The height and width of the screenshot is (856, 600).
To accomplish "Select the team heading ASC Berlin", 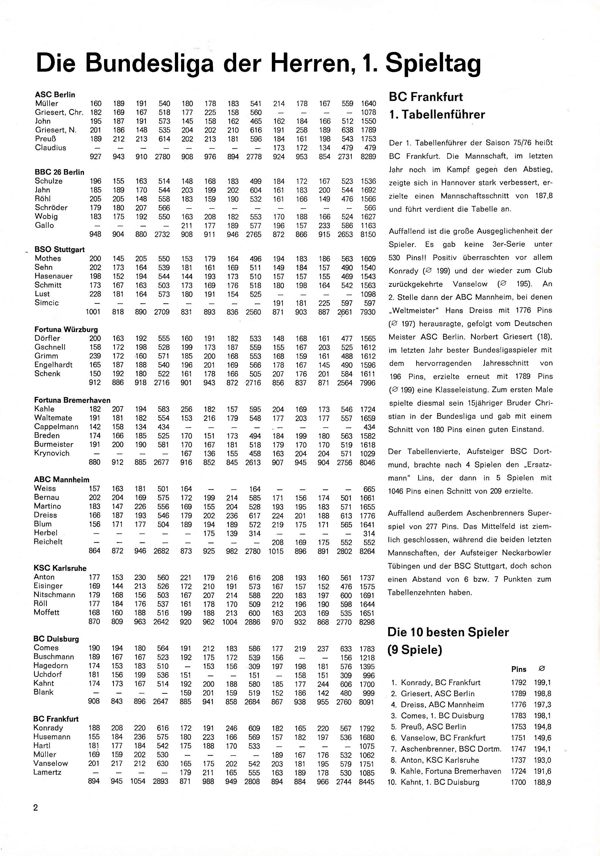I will coord(55,95).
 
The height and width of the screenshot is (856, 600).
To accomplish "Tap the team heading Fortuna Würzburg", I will coord(66,330).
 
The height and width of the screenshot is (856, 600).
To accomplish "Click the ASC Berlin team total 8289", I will coord(368,157).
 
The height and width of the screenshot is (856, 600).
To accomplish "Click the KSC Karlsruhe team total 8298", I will coord(367,622).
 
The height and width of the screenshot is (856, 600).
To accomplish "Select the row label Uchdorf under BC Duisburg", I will coord(48,675).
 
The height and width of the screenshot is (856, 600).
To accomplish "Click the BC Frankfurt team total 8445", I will coord(367,782).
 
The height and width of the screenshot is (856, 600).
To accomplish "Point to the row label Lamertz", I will coord(47,773).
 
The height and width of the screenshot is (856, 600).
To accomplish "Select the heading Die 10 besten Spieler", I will coord(448,632).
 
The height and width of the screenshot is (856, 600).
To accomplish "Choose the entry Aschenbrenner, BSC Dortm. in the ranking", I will coord(451,749).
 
